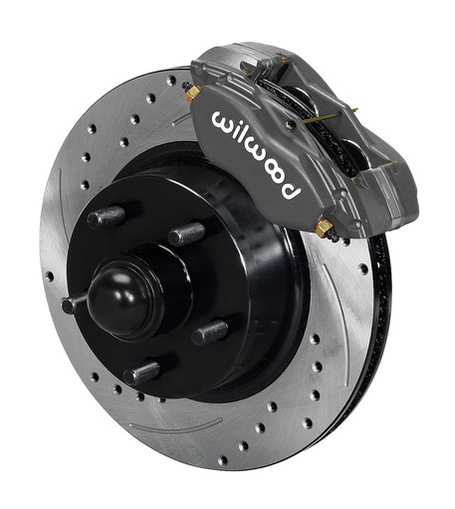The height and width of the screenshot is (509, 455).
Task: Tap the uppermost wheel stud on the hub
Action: pos(107,217)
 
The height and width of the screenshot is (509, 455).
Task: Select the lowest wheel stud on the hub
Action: pos(144,372)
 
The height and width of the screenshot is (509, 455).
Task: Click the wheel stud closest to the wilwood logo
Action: pos(186,233)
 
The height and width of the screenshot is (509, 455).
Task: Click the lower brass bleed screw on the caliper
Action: pos(324,228)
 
